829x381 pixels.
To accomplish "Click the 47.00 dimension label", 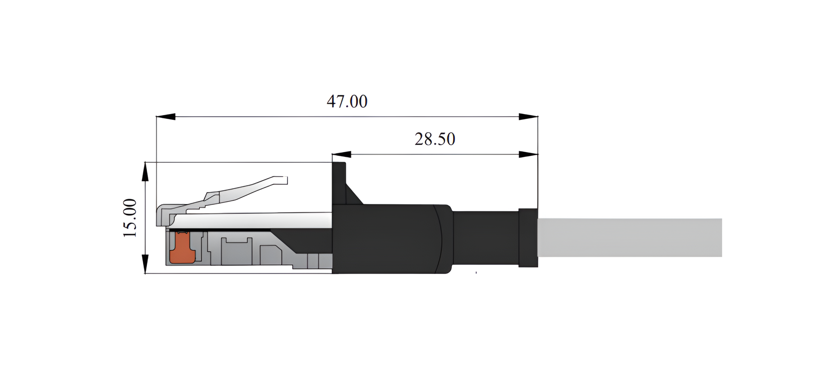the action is pos(347,102).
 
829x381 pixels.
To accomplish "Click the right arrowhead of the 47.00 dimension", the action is pos(528,117).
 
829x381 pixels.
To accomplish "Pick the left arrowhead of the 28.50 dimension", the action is pos(341,155).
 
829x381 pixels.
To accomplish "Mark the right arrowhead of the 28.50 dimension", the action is pos(528,155).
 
